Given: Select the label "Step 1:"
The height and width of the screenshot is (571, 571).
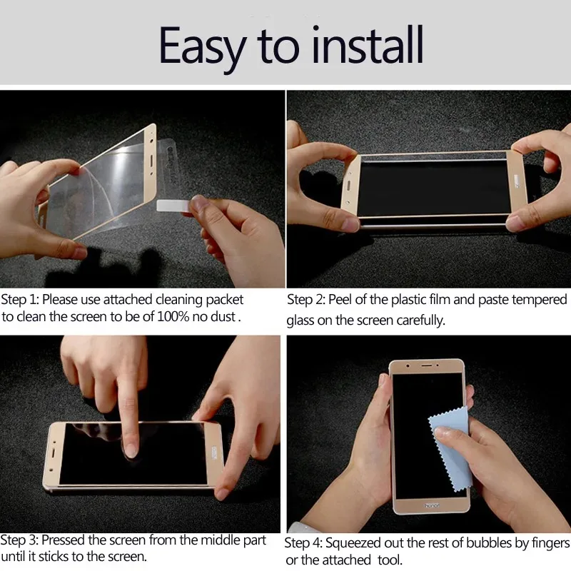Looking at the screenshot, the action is coord(20,300).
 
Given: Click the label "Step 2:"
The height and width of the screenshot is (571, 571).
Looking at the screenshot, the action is coord(305,300).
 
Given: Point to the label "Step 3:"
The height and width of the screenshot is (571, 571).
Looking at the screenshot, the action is coord(19,540).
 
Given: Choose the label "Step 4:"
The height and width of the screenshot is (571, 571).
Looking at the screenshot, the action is coord(303,543).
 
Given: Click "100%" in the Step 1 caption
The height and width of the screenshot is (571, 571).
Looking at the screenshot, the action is coord(173,317).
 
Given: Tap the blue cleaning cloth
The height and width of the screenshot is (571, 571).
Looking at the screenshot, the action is coord(450,448).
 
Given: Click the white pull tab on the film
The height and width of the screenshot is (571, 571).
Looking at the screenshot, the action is coord(173,206).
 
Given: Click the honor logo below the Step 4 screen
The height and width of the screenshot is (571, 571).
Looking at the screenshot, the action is coord(432,505).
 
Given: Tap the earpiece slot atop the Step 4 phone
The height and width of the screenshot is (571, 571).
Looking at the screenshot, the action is coord(427,365).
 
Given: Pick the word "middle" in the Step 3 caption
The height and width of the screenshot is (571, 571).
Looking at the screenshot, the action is coord(221,540).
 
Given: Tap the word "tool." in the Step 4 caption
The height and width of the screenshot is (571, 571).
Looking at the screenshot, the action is coord(390,560).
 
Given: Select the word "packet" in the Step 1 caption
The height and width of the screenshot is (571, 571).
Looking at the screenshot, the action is coord(224,300).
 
